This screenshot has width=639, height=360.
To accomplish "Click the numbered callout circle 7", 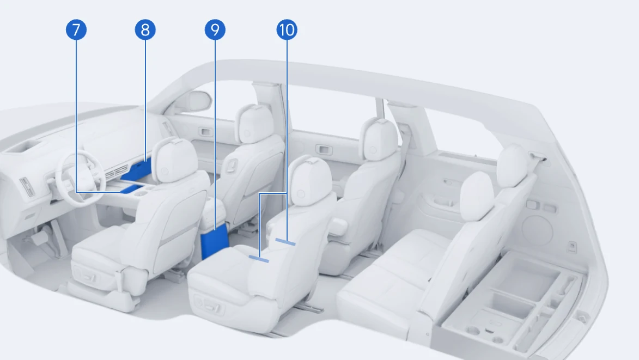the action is pos(76,30).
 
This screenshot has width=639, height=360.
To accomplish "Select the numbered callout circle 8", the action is pos(145,30).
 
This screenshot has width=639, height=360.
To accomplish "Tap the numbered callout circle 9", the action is pos(215,30).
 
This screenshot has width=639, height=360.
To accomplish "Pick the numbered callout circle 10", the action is pos(287,30).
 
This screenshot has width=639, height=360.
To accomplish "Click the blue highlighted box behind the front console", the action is pos(215,241).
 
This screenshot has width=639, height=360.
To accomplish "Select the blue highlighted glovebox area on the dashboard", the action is pos(137,169).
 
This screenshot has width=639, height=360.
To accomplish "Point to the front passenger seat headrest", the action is pos(254,124).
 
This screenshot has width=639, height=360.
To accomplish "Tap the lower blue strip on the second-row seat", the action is pos(259,259).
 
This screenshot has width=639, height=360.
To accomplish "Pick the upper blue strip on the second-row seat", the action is pos(285,242).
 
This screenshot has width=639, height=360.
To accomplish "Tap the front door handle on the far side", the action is pos(205,132).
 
